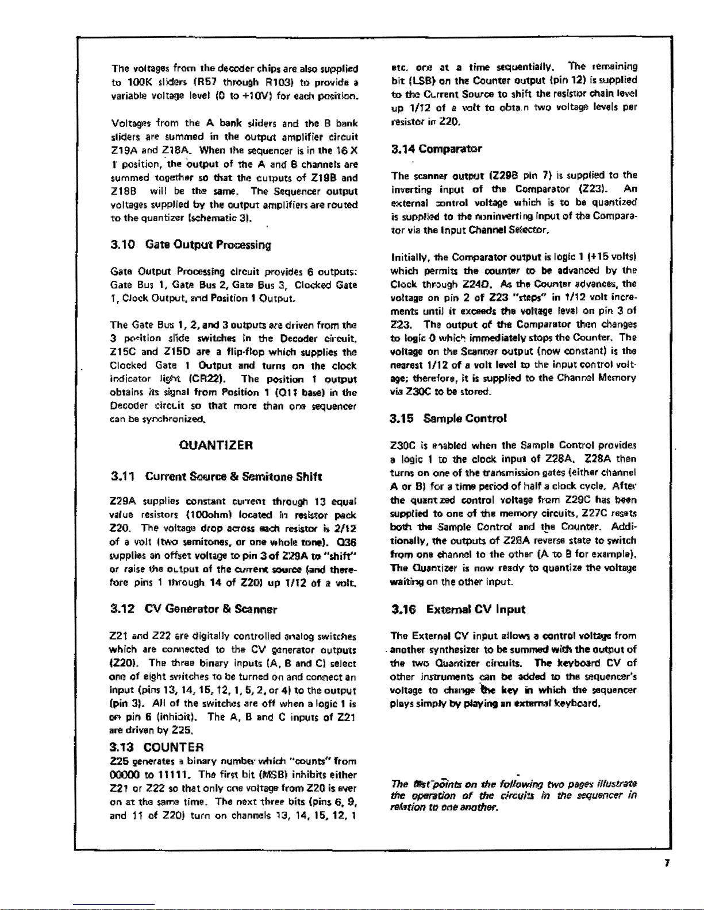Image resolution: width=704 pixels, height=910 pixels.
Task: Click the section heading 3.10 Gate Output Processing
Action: tap(190, 245)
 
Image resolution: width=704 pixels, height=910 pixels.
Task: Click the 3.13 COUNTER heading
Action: tap(156, 747)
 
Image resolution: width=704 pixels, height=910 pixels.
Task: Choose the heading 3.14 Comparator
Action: tap(436, 149)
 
